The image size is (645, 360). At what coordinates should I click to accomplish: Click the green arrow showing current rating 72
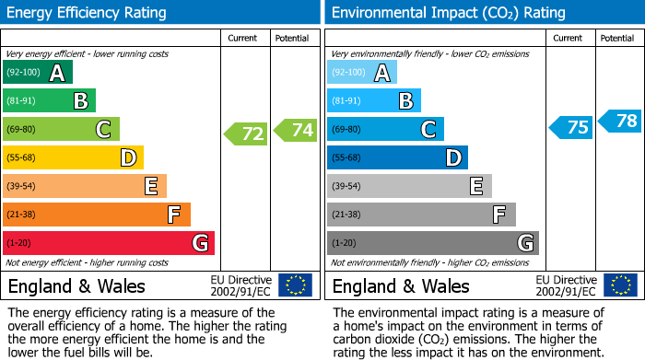point(246,134)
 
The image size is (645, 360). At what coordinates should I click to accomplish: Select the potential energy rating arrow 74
point(296,130)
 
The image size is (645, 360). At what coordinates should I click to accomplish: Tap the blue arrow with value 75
point(571,127)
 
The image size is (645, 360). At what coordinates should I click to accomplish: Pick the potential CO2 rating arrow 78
point(620,121)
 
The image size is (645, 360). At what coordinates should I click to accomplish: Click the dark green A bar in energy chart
point(37,73)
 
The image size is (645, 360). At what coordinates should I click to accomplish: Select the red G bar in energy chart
point(109,243)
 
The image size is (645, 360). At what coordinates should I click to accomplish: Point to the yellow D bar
point(73,158)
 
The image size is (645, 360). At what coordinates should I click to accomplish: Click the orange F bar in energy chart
point(97,215)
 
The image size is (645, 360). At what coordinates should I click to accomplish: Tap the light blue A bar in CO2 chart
point(362,73)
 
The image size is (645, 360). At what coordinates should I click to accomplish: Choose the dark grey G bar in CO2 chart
point(432,243)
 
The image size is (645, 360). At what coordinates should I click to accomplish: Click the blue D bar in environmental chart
point(397,158)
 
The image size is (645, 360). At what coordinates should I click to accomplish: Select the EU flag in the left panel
point(295,285)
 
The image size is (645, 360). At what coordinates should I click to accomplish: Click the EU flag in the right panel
point(620,285)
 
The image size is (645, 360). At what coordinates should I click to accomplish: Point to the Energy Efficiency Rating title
point(87,13)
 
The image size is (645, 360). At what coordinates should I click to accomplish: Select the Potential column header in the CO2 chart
point(616,38)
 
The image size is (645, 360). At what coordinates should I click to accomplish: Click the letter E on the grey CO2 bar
point(475,187)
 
